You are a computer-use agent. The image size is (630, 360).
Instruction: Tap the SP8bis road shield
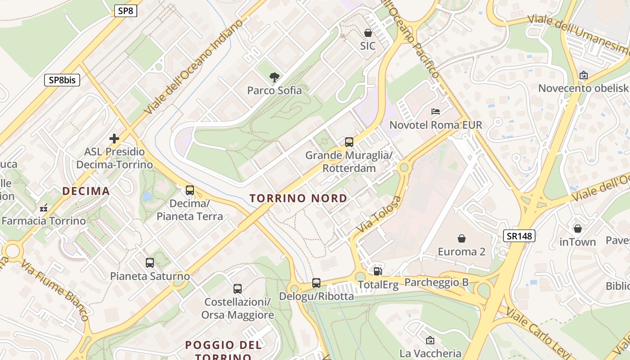click(x=62, y=80)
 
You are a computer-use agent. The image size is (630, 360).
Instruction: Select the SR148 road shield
click(x=519, y=235)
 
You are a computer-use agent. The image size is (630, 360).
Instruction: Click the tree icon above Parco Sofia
click(x=274, y=77)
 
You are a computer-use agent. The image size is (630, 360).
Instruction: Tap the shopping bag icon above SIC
click(x=368, y=33)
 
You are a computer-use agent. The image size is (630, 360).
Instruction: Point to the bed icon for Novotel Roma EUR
click(x=435, y=112)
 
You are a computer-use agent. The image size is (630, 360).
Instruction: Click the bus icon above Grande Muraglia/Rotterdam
click(x=349, y=142)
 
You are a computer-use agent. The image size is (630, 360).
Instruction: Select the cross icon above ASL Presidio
click(x=114, y=138)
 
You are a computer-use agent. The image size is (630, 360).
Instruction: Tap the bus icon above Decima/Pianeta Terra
click(x=190, y=190)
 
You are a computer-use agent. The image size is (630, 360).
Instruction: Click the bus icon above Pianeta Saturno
click(x=150, y=263)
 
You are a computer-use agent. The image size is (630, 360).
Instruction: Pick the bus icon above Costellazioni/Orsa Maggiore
click(x=238, y=289)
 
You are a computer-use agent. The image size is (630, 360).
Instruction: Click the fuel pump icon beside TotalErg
click(x=378, y=271)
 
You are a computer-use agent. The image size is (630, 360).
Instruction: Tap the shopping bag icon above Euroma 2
click(x=461, y=238)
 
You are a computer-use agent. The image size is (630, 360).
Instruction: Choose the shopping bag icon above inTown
click(x=577, y=229)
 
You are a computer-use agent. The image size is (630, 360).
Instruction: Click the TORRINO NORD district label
click(x=298, y=198)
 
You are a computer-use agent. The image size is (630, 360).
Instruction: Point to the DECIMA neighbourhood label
click(x=86, y=191)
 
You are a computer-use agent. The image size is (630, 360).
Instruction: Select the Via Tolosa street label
click(x=378, y=215)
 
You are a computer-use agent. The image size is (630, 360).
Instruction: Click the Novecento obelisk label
click(x=583, y=88)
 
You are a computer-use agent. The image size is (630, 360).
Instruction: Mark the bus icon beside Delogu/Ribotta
click(x=316, y=283)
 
